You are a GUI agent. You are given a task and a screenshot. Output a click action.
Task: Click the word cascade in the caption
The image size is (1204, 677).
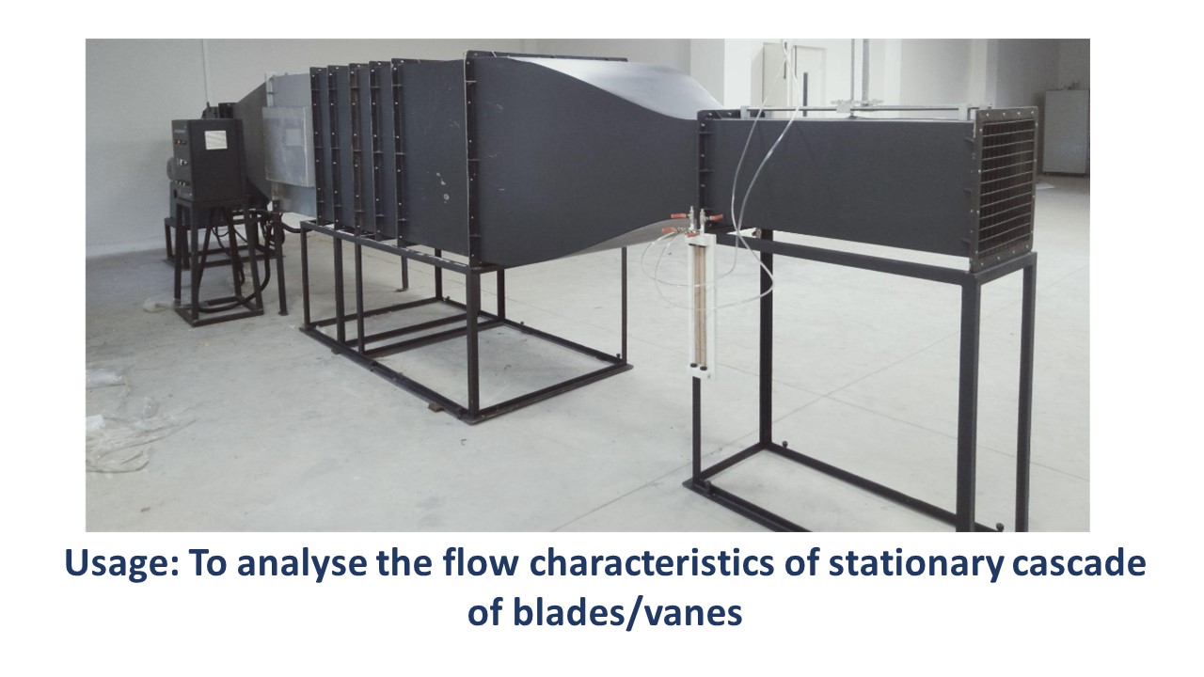tap(1079, 562)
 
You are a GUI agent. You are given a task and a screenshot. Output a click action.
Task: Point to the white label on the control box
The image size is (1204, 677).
tap(216, 138)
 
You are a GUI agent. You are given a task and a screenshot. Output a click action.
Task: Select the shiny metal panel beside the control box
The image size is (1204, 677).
tap(288, 145)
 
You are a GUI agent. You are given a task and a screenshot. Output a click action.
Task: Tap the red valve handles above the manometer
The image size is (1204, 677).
tap(693, 223)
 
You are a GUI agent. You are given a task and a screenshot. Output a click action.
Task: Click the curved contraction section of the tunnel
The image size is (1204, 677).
tap(586, 156)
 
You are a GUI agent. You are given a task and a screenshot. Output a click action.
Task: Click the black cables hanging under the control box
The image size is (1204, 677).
tap(231, 258)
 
